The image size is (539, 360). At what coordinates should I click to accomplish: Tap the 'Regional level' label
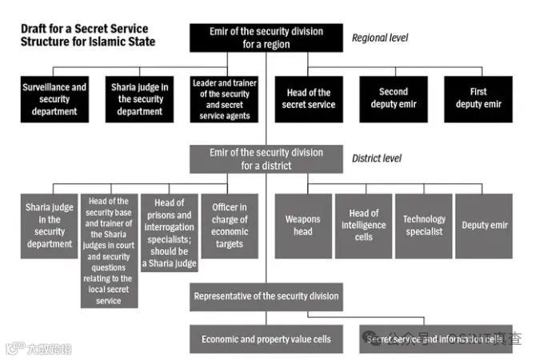(x=381, y=37)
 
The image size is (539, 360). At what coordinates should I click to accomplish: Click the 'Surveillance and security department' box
(x=54, y=99)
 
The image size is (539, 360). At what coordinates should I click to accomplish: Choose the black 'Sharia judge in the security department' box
(x=139, y=99)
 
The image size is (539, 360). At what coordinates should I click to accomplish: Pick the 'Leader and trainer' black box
(x=225, y=99)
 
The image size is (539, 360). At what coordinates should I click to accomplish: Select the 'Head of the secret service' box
(x=308, y=99)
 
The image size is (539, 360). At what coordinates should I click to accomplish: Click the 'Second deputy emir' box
(x=393, y=99)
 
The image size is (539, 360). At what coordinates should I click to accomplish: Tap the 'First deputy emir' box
(x=477, y=99)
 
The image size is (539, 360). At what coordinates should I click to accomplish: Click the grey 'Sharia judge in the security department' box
(x=49, y=226)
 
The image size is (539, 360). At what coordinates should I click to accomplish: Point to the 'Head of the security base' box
(x=109, y=250)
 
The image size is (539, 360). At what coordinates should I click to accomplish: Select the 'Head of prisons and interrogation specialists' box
(x=169, y=233)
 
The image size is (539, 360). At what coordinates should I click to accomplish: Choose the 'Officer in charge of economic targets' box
(x=230, y=226)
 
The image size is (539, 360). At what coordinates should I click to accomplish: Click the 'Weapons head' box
(x=303, y=226)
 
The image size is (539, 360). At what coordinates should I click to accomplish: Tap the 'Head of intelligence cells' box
(x=363, y=226)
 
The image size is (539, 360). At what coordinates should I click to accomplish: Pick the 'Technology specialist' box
(x=424, y=226)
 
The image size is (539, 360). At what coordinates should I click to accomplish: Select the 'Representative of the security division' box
(x=266, y=297)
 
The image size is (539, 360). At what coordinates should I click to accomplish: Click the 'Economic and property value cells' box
(x=266, y=339)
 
